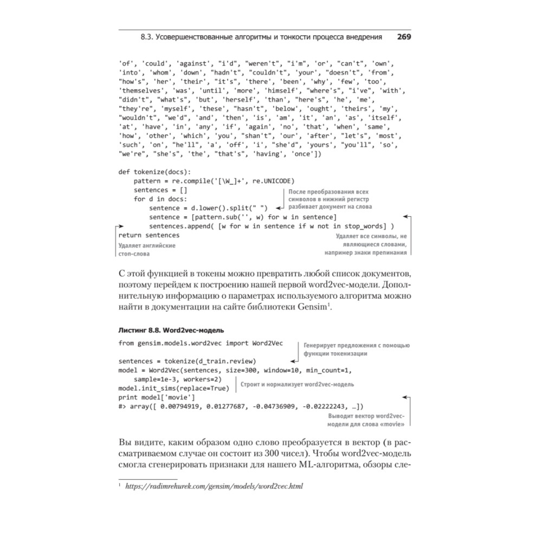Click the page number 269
[x=404, y=37]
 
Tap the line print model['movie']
[x=152, y=397]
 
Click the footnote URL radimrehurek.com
[x=214, y=486]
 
